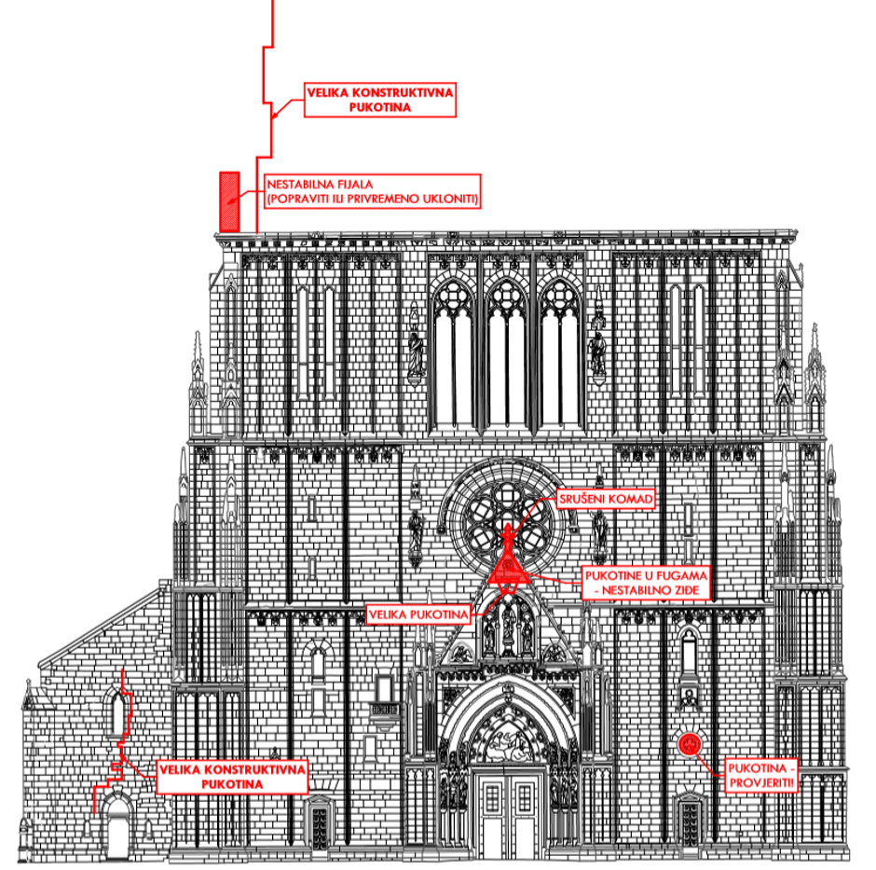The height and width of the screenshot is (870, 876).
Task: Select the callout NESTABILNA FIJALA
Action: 372,191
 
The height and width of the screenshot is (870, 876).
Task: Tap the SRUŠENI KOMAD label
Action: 607,500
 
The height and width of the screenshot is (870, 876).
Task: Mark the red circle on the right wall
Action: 689,743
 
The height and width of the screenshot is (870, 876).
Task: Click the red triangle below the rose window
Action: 507,564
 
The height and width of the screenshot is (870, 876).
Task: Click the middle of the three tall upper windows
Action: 506,354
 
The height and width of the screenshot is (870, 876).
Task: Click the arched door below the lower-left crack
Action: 117,828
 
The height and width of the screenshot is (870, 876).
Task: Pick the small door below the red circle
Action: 689,821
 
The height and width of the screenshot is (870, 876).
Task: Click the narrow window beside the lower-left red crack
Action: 116,713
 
